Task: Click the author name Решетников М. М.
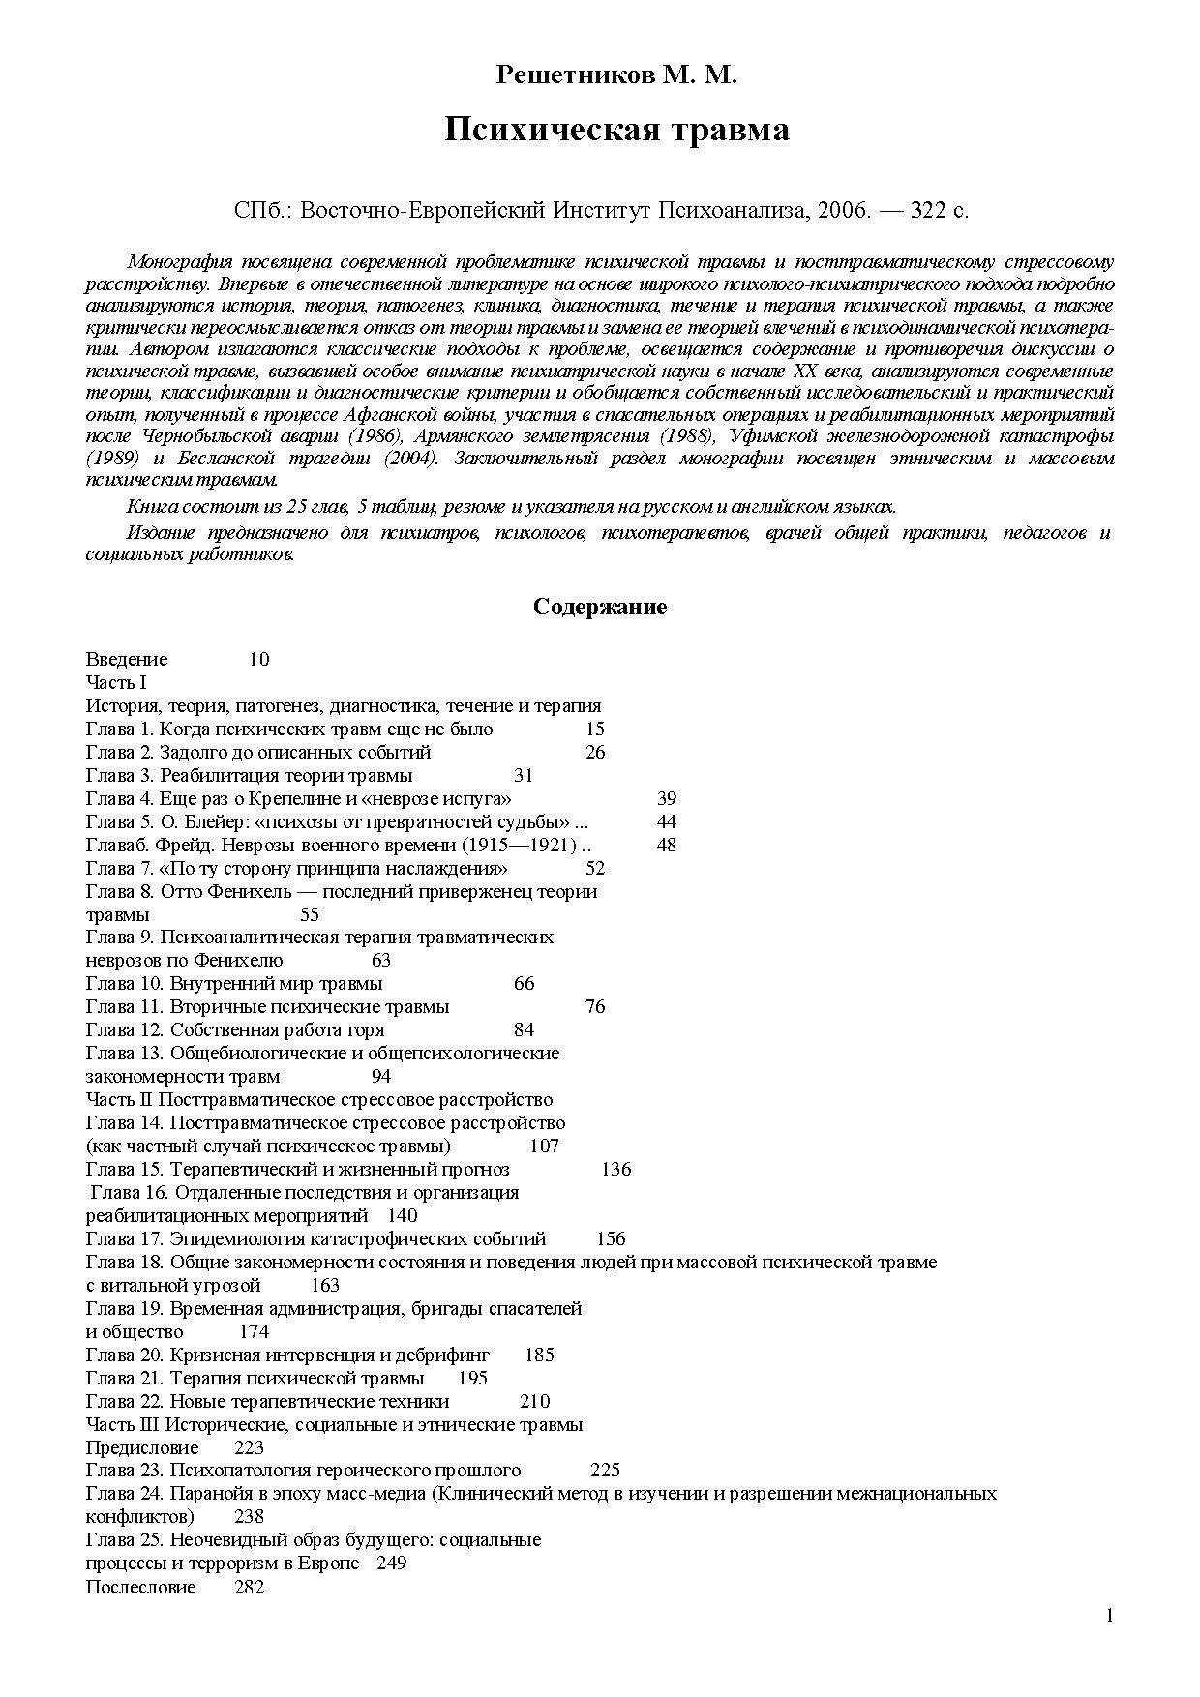[616, 75]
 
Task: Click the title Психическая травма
[616, 130]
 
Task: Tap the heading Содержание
[600, 608]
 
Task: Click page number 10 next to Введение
[258, 660]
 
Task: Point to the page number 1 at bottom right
[1110, 1615]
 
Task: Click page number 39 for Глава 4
[667, 799]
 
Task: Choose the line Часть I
[116, 683]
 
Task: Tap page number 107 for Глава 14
[545, 1146]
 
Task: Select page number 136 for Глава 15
[615, 1170]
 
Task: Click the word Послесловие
[140, 1588]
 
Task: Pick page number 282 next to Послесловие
[250, 1588]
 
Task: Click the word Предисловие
[142, 1448]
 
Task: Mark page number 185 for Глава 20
[539, 1355]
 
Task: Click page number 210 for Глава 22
[534, 1402]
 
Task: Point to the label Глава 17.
[124, 1239]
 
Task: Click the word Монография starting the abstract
[176, 262]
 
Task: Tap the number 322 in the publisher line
[928, 211]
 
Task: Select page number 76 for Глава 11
[595, 1007]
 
